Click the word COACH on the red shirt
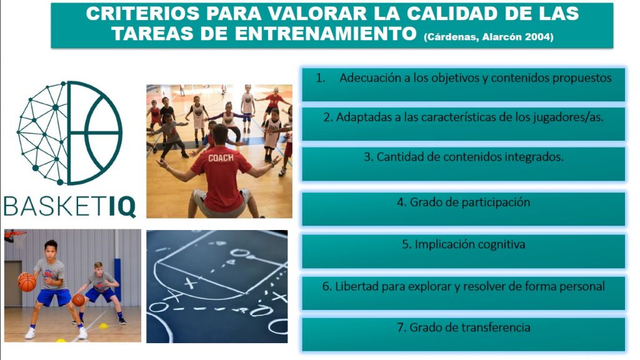tap(221, 157)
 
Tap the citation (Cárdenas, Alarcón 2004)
tap(489, 37)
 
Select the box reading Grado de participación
tap(463, 209)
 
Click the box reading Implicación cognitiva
tap(463, 251)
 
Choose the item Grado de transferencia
tap(463, 334)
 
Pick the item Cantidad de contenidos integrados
tap(463, 164)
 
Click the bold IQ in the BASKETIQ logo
tap(122, 206)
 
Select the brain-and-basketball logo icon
tap(69, 132)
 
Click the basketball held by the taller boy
tap(27, 282)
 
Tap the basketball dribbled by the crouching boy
tap(78, 300)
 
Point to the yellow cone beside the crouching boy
tap(104, 326)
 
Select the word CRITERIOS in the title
tap(142, 14)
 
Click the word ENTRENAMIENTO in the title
tap(325, 34)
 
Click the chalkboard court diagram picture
tap(217, 286)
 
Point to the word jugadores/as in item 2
tap(567, 117)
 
